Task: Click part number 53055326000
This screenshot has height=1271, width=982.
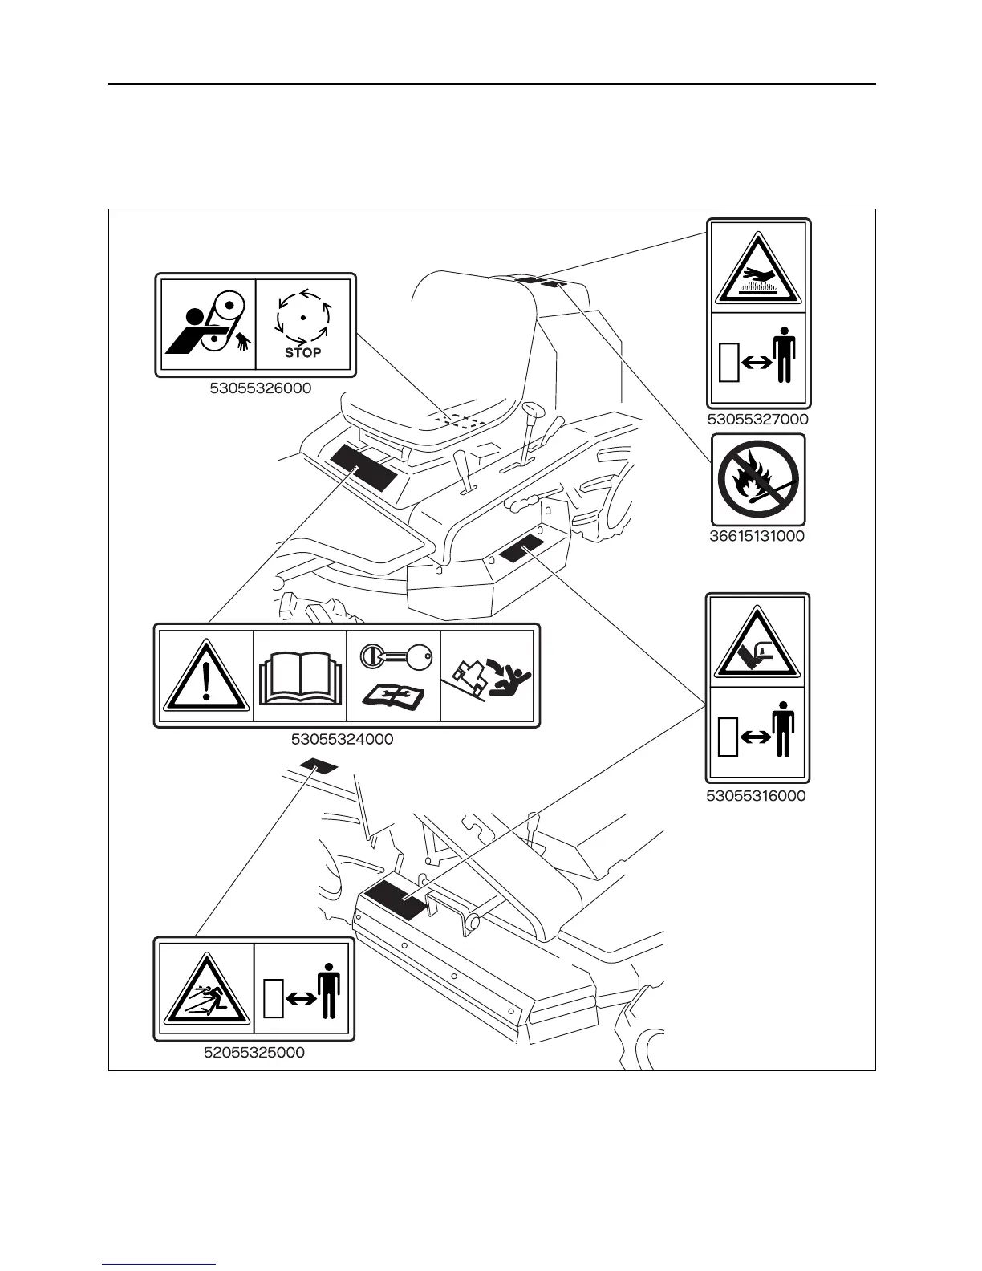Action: [x=261, y=388]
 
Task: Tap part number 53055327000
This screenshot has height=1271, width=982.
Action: [x=757, y=420]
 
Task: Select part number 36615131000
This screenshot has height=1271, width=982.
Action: [x=757, y=536]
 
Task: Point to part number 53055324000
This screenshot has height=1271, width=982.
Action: [x=343, y=739]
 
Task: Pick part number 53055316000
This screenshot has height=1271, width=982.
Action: [x=757, y=796]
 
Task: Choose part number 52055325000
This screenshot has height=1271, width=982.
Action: [x=254, y=1052]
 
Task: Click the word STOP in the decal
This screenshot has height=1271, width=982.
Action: [x=303, y=352]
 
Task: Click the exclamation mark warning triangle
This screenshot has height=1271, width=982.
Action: [x=206, y=676]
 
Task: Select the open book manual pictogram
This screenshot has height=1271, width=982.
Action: [x=300, y=676]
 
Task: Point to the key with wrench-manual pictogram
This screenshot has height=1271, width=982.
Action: [x=393, y=676]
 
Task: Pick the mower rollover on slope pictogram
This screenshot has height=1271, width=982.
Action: [x=487, y=676]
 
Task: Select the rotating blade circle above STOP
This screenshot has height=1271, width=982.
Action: [x=303, y=317]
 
